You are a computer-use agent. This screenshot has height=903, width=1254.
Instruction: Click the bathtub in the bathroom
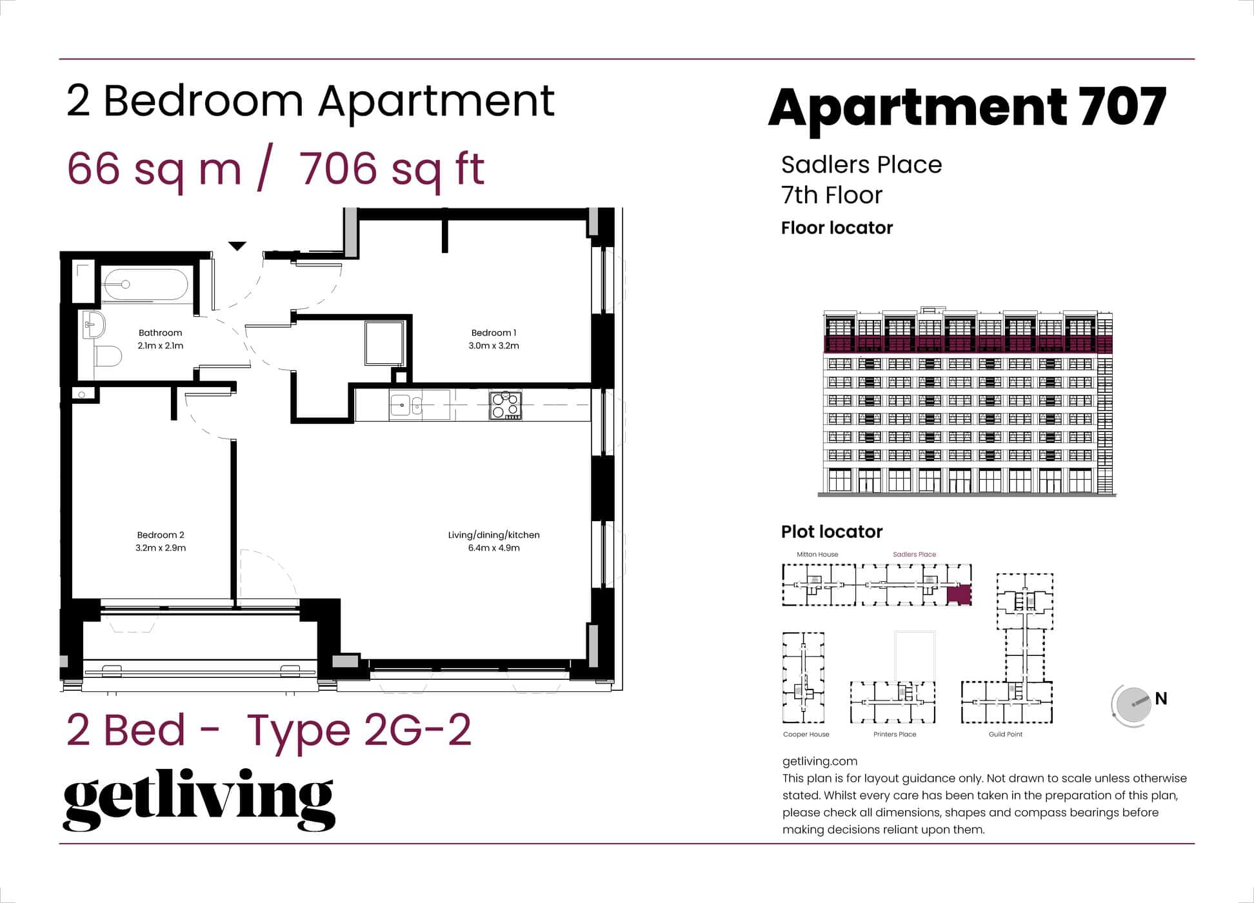[146, 284]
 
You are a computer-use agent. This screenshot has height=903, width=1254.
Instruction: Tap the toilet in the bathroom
[108, 356]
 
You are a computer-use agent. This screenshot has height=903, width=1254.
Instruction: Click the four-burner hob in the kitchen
[505, 405]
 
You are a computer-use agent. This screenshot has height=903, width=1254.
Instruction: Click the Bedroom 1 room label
[493, 333]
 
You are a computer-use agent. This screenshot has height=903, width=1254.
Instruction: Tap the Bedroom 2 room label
[161, 535]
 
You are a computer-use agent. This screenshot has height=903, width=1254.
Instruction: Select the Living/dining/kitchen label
[493, 535]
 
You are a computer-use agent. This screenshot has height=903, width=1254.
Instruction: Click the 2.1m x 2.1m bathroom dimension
[161, 346]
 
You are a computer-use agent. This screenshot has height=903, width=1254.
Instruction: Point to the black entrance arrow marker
[237, 246]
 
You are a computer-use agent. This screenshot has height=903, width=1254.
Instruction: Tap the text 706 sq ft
[392, 169]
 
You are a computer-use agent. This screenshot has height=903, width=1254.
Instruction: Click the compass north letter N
[1161, 699]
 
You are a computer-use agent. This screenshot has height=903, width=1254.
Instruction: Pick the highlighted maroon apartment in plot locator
[959, 594]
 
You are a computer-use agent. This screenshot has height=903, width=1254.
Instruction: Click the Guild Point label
[1006, 734]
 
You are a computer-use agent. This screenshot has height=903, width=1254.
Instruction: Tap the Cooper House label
[806, 734]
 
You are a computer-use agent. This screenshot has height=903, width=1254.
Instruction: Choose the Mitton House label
[817, 554]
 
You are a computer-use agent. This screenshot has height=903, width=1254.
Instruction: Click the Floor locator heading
[837, 228]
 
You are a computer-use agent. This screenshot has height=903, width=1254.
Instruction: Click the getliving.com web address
[820, 761]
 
